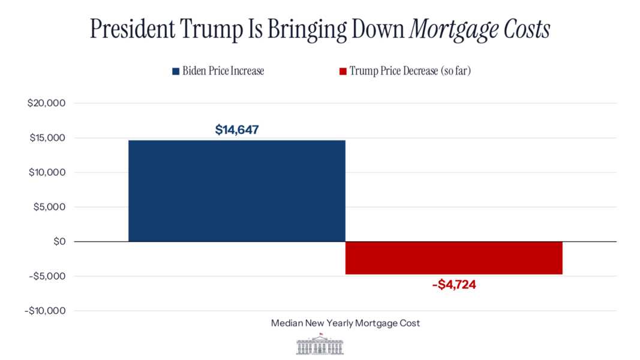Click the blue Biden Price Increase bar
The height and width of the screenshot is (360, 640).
[x=236, y=191]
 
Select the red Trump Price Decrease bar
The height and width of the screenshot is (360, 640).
[x=453, y=258]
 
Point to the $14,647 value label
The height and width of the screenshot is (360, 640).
[x=237, y=129]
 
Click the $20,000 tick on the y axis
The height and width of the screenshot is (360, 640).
[x=46, y=103]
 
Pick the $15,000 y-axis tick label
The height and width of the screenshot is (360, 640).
[x=46, y=138]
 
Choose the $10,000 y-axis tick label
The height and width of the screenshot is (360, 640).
[x=46, y=173]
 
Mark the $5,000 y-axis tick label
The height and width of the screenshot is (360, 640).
[x=49, y=207]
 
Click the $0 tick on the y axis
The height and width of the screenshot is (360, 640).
[x=58, y=242]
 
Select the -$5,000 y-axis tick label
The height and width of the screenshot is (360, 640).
[x=47, y=276]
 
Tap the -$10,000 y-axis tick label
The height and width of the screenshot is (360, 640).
[x=45, y=311]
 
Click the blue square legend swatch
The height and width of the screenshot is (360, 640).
[x=176, y=71]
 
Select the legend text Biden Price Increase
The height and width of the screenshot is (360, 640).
[x=223, y=71]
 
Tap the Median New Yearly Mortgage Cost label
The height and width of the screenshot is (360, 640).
[x=345, y=323]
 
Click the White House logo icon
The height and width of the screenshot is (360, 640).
[x=320, y=344]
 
